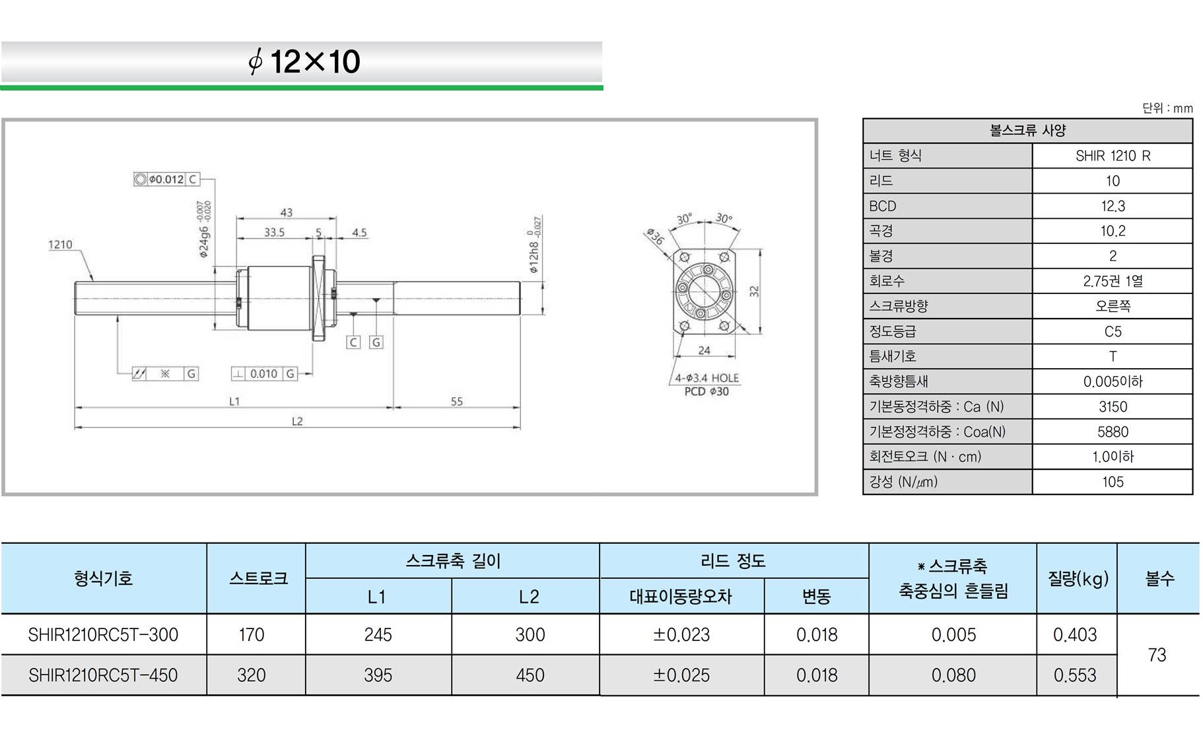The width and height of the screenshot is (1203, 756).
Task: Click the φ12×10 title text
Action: pos(304,61)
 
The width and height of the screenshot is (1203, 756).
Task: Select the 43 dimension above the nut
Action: pos(286,212)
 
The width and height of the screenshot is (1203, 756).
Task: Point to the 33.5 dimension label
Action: pos(274,232)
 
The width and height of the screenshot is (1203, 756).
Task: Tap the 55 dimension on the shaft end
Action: pos(456,401)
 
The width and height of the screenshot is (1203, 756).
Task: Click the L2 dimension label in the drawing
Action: pos(297,421)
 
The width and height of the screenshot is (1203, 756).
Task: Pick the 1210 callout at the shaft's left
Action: pos(60,245)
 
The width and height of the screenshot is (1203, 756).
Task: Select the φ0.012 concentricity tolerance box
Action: pos(166,179)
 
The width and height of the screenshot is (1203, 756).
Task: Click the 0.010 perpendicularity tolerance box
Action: pos(263,373)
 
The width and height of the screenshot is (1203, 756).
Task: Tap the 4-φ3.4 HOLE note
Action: pos(706,378)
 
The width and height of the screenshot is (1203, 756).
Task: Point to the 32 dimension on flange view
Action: pos(754,291)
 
